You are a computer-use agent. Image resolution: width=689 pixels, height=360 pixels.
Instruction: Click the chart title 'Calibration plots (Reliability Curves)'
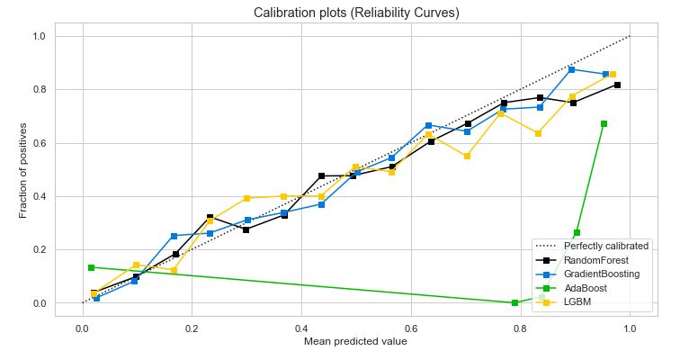tap(356, 13)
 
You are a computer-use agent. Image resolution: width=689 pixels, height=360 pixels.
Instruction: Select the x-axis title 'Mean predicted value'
tap(356, 342)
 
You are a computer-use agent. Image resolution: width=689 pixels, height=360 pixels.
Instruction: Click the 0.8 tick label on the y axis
tap(40, 90)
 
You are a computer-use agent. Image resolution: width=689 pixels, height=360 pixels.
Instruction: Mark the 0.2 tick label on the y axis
tap(40, 250)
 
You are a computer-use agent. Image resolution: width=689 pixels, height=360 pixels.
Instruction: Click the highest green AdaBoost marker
tap(604, 123)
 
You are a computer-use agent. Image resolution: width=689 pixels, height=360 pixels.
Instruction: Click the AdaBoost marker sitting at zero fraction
tap(515, 302)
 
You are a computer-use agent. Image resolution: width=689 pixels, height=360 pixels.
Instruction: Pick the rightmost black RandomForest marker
tap(617, 85)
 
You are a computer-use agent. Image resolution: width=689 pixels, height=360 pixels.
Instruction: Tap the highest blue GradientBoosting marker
tap(571, 69)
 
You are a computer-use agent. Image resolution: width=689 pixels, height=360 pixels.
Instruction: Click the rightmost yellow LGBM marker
tap(613, 75)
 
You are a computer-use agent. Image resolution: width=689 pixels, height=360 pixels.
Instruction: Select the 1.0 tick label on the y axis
tap(40, 37)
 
